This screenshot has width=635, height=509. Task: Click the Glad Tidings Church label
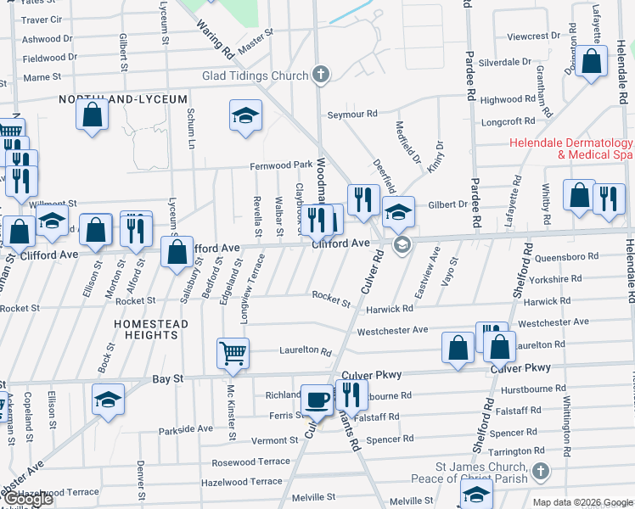(255, 76)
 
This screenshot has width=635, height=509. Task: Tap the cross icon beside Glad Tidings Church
(321, 76)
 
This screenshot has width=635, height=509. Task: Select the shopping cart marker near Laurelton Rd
(233, 351)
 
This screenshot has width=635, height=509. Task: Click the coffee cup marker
(317, 398)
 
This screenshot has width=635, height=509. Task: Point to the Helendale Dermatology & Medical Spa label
(571, 149)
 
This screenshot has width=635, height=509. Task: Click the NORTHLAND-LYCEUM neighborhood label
(122, 99)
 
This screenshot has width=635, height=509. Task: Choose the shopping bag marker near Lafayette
(591, 61)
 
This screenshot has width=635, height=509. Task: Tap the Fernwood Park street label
(281, 165)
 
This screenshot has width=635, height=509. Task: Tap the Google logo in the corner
(27, 500)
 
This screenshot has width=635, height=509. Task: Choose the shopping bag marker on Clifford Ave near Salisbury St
(177, 252)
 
